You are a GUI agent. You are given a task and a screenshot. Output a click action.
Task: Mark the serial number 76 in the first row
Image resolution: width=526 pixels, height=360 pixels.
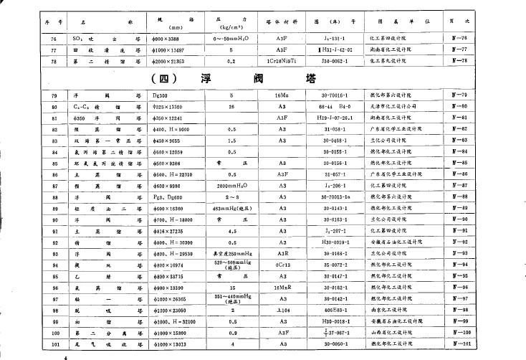coord(54,37)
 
